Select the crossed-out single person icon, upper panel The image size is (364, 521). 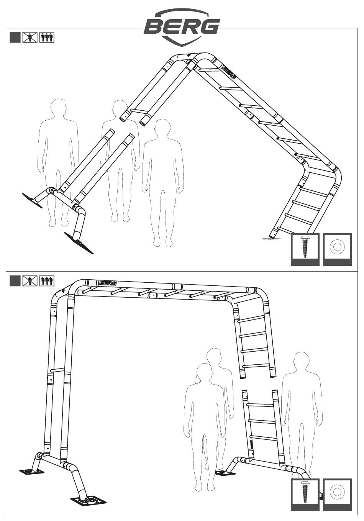[x=30, y=38]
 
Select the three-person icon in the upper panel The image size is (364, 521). [x=47, y=38]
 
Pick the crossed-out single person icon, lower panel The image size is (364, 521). [x=30, y=281]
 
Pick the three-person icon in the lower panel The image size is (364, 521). [x=47, y=281]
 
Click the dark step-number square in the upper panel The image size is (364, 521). [x=15, y=38]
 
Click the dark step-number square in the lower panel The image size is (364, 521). [x=15, y=281]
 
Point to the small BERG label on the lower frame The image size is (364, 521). [x=108, y=283]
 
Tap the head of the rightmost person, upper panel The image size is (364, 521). [x=162, y=128]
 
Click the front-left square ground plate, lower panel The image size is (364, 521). [x=89, y=501]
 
